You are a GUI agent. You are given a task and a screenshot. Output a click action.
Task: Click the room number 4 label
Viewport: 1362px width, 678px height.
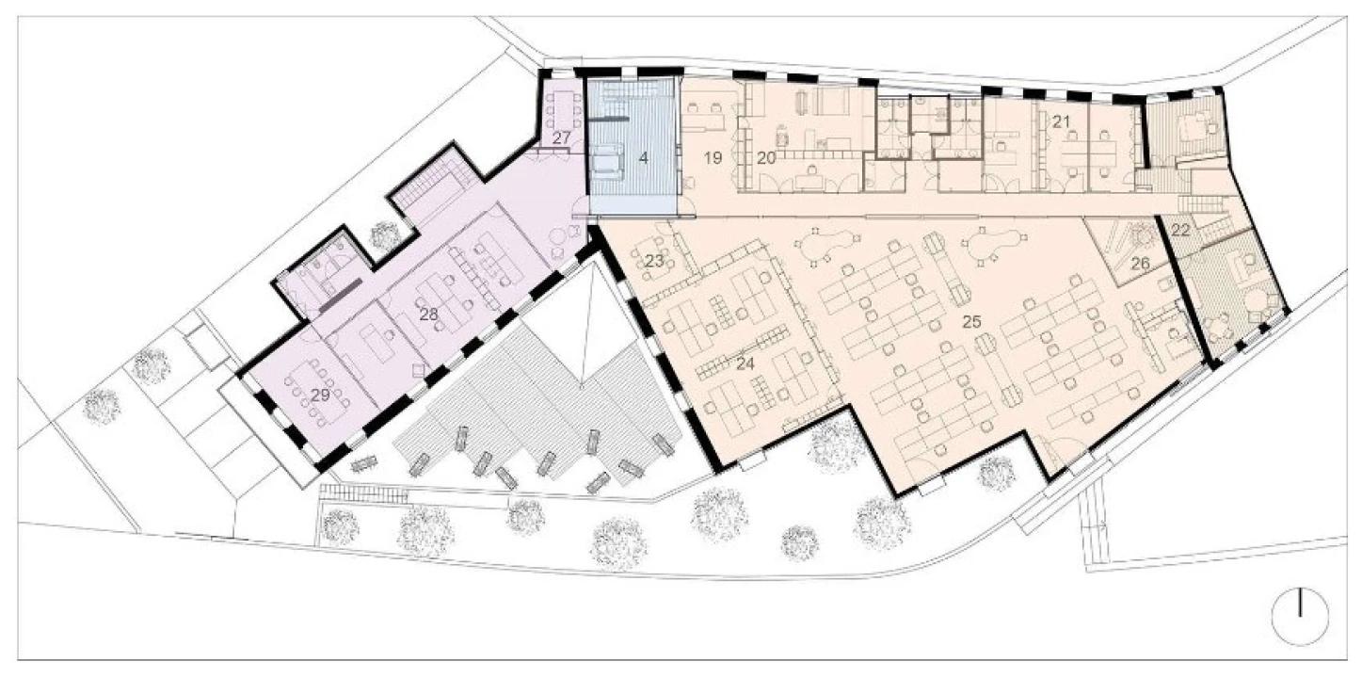643,158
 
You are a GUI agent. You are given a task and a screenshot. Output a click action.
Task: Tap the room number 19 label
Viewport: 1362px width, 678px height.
713,158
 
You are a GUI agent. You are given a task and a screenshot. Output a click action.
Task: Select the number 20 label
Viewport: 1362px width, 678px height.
766,158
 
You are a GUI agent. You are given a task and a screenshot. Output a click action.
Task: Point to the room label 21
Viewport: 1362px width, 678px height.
1061,121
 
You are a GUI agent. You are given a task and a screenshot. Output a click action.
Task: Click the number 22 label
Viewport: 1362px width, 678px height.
1180,231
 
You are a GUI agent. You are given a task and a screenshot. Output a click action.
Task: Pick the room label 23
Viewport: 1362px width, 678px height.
654,261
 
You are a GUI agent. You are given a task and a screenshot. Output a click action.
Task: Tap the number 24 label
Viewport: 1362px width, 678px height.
745,363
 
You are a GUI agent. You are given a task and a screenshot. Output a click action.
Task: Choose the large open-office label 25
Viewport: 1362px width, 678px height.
971,322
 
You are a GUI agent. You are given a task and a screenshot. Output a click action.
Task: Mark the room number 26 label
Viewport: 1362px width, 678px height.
1141,264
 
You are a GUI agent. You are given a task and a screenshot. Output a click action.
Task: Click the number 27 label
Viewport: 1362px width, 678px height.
561,138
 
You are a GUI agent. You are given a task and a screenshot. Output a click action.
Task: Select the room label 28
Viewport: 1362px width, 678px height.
428,315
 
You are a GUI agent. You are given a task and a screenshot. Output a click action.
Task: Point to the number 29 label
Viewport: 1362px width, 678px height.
320,395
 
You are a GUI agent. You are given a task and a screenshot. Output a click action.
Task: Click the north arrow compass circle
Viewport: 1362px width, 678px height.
1300,616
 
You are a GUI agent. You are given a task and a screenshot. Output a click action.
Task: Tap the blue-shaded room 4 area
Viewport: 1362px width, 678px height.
633,146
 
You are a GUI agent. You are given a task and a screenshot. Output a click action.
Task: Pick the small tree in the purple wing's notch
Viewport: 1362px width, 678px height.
384,234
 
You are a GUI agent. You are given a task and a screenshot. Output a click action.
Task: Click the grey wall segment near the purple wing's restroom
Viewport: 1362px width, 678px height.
341,296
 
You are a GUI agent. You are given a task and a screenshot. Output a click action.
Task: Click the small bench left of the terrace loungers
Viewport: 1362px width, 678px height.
364,464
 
